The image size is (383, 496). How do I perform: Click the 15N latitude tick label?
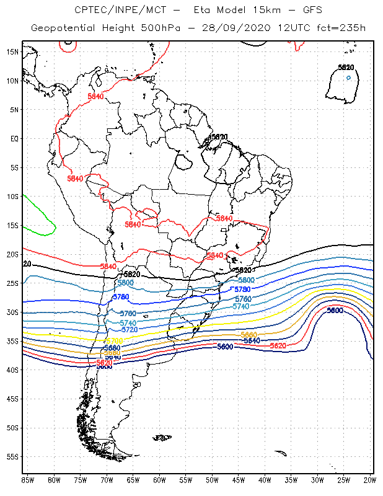click(x=12, y=51)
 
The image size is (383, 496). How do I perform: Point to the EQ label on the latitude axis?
click(x=14, y=138)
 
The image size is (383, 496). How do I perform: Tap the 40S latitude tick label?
click(x=12, y=370)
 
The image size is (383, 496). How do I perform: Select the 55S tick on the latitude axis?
click(x=12, y=456)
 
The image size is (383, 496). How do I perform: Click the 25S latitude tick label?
click(x=12, y=283)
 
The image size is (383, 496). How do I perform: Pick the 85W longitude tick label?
click(x=28, y=479)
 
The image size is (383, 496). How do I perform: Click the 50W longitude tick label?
click(x=212, y=479)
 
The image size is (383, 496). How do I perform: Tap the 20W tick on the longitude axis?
click(x=370, y=479)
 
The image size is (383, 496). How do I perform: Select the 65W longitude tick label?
click(x=133, y=479)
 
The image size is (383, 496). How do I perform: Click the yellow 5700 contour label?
click(x=115, y=341)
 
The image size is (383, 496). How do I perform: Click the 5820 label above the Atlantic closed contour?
click(x=346, y=67)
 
